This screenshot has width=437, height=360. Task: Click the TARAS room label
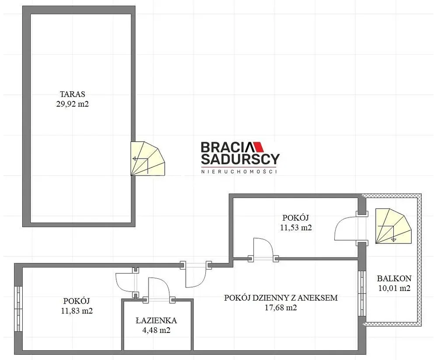click(x=73, y=94)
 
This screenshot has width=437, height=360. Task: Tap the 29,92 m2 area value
click(x=73, y=104)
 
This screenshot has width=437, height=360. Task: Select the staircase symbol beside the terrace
click(x=148, y=159)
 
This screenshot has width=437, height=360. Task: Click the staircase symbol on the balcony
click(x=393, y=226)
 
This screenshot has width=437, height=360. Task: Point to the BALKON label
click(x=394, y=278)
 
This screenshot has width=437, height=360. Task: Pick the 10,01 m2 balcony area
click(x=394, y=288)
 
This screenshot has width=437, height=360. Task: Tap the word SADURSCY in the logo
click(x=240, y=159)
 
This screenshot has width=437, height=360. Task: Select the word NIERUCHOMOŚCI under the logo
click(x=239, y=172)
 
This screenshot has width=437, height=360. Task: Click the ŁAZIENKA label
click(x=156, y=320)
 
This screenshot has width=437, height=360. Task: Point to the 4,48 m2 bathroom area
click(x=156, y=330)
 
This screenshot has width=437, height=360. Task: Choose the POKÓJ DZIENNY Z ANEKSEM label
click(x=281, y=298)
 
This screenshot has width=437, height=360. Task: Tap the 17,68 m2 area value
click(x=281, y=308)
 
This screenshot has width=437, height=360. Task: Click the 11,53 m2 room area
click(x=296, y=227)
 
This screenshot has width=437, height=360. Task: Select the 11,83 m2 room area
click(x=77, y=310)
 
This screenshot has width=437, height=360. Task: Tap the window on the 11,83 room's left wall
click(x=18, y=309)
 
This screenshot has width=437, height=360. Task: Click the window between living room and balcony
click(x=362, y=294)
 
